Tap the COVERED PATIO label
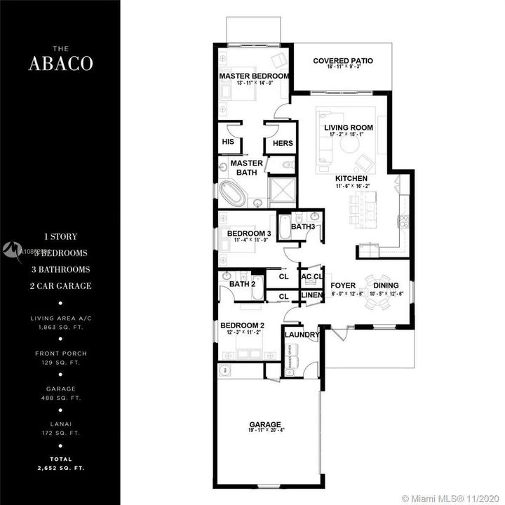[x=342, y=61]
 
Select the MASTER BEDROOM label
[x=254, y=76]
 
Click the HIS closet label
[x=227, y=142]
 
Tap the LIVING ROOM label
[x=348, y=128]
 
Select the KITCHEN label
[x=351, y=179]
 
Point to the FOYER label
[x=343, y=285]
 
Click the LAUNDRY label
[x=302, y=335]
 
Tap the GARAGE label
[x=265, y=424]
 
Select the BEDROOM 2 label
[x=242, y=325]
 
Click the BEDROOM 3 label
[x=248, y=233]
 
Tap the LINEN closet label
[x=311, y=295]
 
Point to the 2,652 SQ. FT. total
[x=59, y=466]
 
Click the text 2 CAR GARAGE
[x=60, y=285]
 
